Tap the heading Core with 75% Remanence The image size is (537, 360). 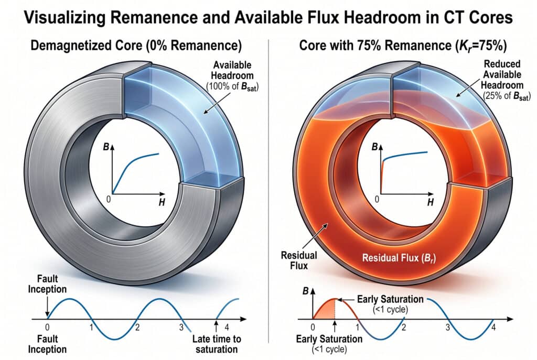(x=399, y=45)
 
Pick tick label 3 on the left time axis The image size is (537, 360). (x=181, y=328)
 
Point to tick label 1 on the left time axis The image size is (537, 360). (x=91, y=328)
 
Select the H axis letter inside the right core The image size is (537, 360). (x=430, y=202)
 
